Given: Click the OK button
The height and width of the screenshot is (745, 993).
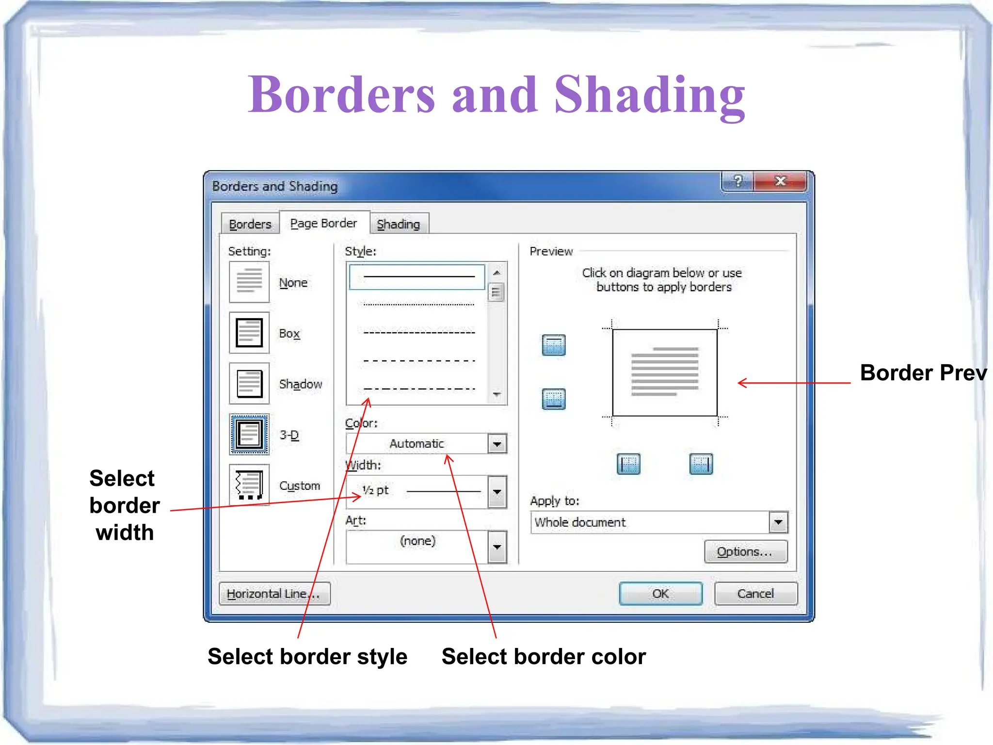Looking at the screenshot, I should pyautogui.click(x=660, y=593).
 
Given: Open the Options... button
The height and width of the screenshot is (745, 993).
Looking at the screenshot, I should pyautogui.click(x=745, y=552).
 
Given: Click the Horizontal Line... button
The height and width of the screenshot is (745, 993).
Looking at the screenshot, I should pyautogui.click(x=274, y=594).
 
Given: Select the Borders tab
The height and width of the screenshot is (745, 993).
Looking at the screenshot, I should pyautogui.click(x=250, y=224).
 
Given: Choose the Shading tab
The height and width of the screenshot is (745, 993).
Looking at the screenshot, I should pyautogui.click(x=399, y=224).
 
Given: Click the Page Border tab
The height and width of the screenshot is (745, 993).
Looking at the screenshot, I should pyautogui.click(x=323, y=223).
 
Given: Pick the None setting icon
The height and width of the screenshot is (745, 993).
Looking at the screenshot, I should pyautogui.click(x=249, y=282).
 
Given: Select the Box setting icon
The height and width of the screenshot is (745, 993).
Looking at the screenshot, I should pyautogui.click(x=249, y=333).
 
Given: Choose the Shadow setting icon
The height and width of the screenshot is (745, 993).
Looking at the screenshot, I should pyautogui.click(x=249, y=384).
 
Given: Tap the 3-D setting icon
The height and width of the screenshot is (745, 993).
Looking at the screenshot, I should pyautogui.click(x=249, y=435).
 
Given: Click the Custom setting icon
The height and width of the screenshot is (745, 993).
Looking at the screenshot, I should pyautogui.click(x=249, y=485).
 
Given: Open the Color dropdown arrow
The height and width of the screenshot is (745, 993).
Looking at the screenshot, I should pyautogui.click(x=497, y=444).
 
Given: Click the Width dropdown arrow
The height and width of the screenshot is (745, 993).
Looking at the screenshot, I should pyautogui.click(x=497, y=492).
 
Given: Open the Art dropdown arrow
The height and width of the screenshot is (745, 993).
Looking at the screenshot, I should pyautogui.click(x=497, y=547).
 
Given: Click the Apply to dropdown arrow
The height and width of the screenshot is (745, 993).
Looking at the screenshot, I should pyautogui.click(x=778, y=522).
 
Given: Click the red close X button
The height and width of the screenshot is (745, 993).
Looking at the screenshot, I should pyautogui.click(x=780, y=181).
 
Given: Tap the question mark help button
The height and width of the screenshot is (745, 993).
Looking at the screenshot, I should pyautogui.click(x=737, y=181).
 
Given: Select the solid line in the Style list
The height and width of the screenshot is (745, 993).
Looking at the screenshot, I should pyautogui.click(x=418, y=276).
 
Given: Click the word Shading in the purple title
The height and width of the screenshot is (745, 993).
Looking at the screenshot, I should pyautogui.click(x=649, y=95).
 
